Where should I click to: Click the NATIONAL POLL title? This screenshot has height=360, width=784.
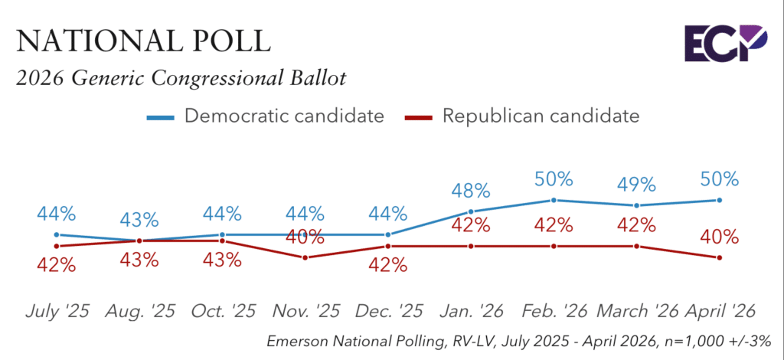143,41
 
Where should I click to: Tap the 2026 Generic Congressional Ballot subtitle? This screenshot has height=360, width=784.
181,79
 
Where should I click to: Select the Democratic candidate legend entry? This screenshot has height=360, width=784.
265,116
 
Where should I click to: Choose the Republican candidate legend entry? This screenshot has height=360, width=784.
521,116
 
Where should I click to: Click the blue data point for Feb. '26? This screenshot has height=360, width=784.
554,200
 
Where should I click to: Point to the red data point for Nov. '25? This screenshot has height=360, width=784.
305,257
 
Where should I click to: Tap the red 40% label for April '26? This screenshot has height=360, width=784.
719,237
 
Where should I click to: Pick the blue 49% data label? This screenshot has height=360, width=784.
636,185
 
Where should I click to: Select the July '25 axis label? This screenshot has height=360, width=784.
57,311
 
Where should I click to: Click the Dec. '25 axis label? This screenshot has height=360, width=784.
387,311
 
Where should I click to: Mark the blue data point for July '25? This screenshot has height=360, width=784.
57,234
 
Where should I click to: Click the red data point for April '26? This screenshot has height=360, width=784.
720,257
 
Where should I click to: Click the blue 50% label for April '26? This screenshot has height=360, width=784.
719,179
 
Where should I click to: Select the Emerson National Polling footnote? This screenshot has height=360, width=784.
518,342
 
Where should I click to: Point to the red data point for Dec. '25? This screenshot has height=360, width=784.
387,246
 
